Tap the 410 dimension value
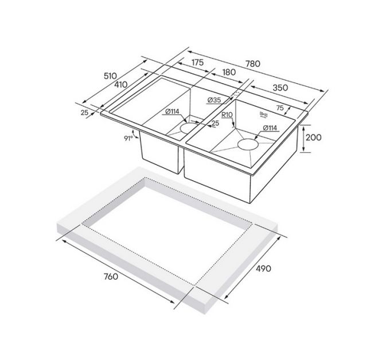point(120,85)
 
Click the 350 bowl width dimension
point(280,88)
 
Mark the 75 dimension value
point(280,107)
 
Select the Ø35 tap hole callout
point(213,101)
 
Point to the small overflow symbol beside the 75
point(265,113)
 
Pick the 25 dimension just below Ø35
point(216,123)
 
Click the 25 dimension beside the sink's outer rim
point(85,113)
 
